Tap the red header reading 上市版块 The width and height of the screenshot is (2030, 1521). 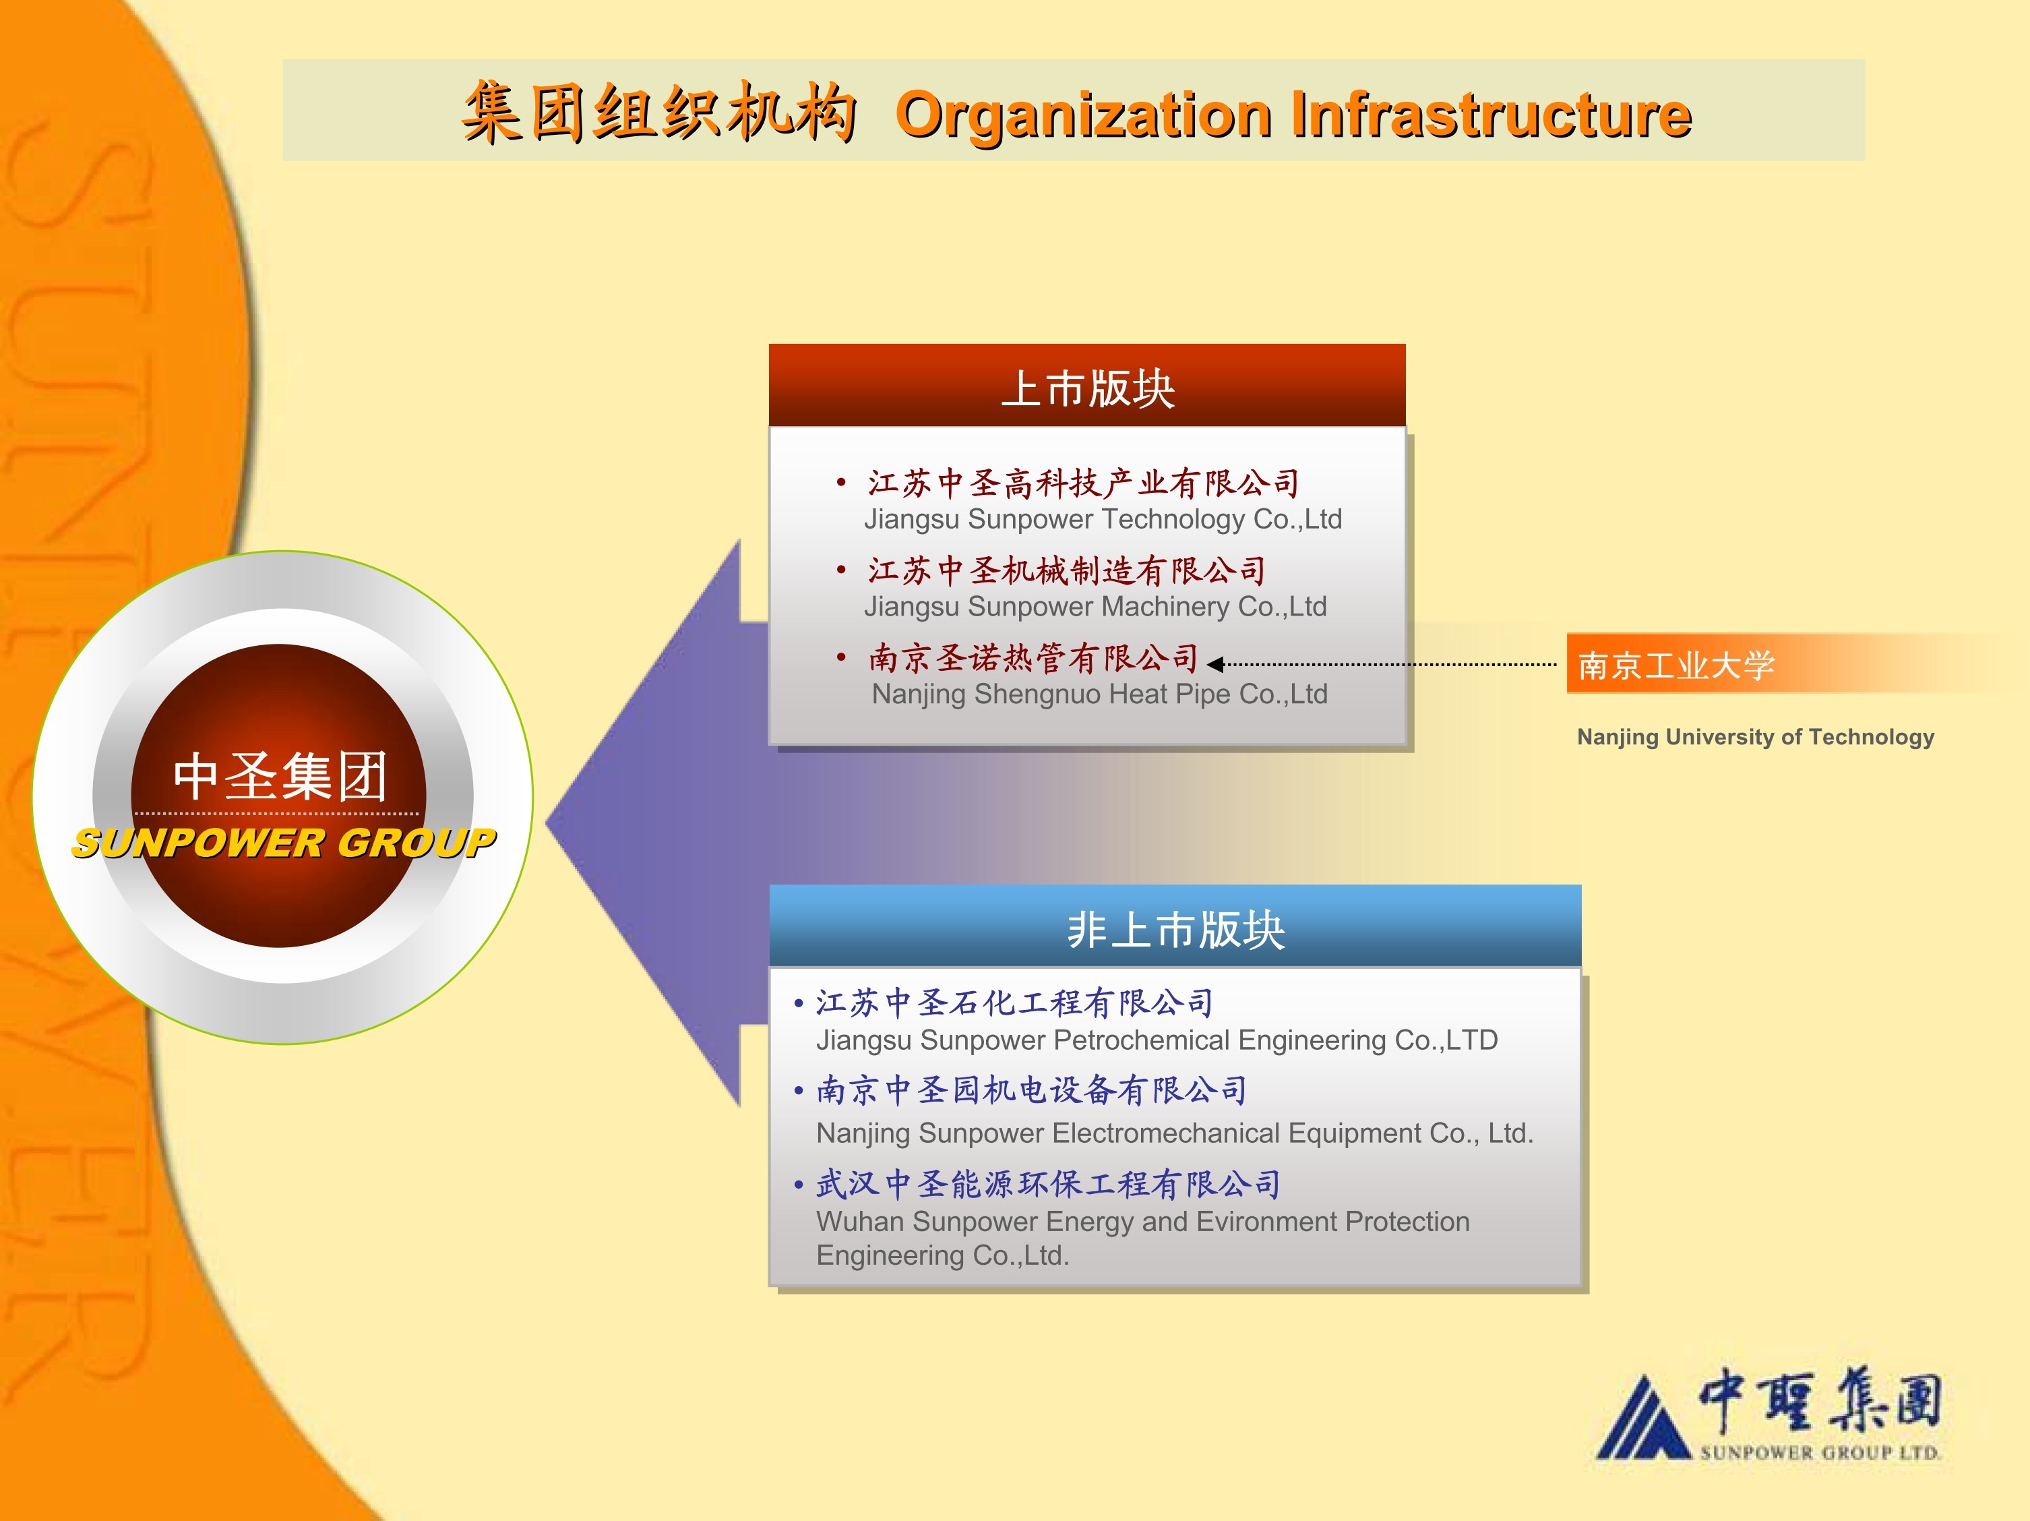[1088, 386]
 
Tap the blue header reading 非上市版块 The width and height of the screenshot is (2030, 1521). [1175, 926]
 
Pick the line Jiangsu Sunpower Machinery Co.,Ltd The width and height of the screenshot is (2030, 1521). [1096, 606]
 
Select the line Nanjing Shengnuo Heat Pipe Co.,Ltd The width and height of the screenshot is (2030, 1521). [1099, 694]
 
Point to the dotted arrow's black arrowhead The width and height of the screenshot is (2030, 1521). [1215, 663]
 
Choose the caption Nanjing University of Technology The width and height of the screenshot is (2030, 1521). [1756, 737]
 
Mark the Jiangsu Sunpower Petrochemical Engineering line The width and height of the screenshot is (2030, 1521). [1157, 1040]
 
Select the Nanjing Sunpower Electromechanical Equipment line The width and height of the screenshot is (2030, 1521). [1175, 1133]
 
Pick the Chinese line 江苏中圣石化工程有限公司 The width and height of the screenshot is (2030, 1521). [1015, 1003]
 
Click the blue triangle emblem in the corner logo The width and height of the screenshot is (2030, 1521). [1642, 1417]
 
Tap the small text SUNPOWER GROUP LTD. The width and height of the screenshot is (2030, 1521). [1819, 1453]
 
